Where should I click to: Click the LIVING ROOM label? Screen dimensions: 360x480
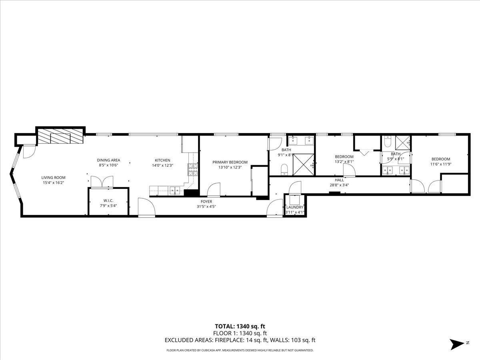[x=53, y=178]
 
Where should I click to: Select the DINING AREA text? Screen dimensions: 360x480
[x=108, y=160]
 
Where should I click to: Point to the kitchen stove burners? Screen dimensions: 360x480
[x=193, y=170]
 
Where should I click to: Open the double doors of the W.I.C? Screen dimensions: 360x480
[x=102, y=182]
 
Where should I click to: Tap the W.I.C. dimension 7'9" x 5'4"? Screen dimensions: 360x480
[x=108, y=205]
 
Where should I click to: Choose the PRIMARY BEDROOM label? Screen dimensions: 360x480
[x=230, y=162]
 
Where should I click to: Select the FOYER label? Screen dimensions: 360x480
[x=206, y=201]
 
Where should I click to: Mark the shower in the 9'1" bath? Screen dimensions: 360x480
[x=304, y=164]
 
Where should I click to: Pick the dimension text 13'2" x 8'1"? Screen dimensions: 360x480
[x=344, y=162]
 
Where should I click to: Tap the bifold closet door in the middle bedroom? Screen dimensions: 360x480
[x=364, y=152]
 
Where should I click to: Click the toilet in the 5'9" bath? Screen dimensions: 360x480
[x=388, y=142]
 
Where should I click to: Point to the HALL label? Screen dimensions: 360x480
[x=339, y=180]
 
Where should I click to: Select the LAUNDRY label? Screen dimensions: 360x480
[x=295, y=207]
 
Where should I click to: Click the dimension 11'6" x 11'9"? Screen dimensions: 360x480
[x=440, y=164]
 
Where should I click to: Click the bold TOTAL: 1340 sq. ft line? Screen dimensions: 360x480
[x=240, y=327]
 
